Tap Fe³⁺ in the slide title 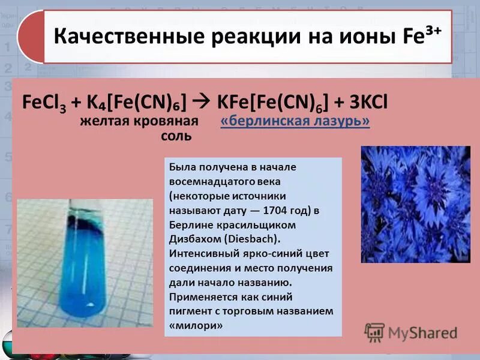tap(423, 35)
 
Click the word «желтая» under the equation tap(104, 122)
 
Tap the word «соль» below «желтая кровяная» tap(176, 136)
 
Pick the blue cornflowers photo tap(415, 204)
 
